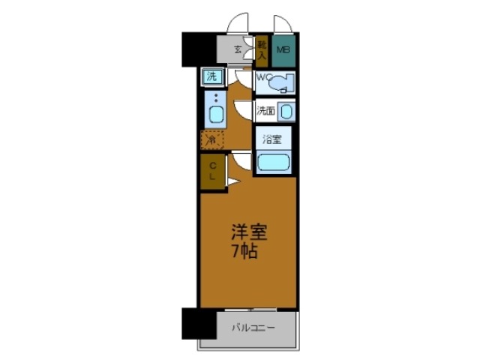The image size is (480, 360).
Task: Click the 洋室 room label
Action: [x=247, y=233]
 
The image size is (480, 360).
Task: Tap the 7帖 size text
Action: [x=245, y=252]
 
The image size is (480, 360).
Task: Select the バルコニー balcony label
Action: [x=253, y=328]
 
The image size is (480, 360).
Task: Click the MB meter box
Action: [x=283, y=50]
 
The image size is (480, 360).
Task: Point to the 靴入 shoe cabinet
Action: [x=262, y=49]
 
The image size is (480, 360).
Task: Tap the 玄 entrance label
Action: [x=237, y=50]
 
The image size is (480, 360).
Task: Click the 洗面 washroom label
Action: [x=265, y=112]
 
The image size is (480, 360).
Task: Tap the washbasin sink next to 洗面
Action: [x=286, y=112]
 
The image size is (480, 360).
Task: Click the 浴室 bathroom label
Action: [x=271, y=139]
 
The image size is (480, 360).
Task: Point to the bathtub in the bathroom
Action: [x=273, y=161]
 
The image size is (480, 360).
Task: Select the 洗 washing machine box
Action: [x=212, y=76]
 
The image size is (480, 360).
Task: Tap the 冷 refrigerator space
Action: [x=212, y=139]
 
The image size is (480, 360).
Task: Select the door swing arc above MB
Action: [x=283, y=25]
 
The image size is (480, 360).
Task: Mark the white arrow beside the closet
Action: [x=232, y=181]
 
